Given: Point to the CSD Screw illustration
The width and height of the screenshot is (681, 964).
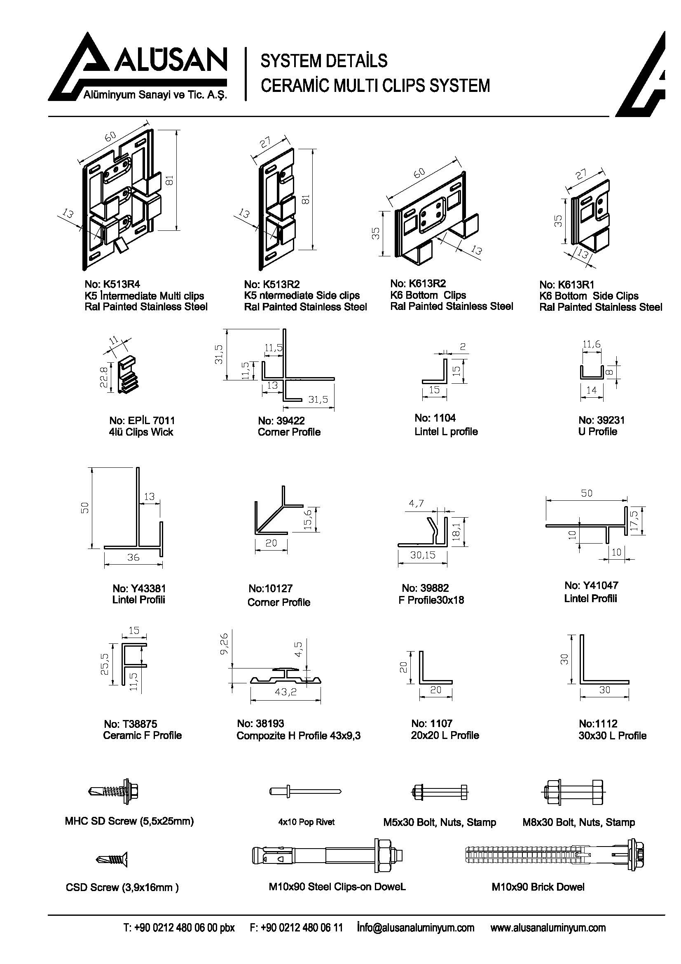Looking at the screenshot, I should coord(111,858).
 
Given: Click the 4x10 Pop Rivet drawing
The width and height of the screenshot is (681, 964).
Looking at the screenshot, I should coord(304,791).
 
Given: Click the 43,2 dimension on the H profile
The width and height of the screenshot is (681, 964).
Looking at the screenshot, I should coord(286,692).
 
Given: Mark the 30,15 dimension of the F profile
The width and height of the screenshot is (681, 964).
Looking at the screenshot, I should coord(423,555).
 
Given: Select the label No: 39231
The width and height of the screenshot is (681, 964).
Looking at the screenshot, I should coord(601,420).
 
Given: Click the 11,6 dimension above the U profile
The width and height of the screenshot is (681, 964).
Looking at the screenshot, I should coord(592,344).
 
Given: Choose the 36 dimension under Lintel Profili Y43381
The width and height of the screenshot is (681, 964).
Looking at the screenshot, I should coord(133,557).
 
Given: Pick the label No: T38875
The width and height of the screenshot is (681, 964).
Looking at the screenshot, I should coord(131,724).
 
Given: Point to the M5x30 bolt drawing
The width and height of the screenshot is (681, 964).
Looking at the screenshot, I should coord(439,792).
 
